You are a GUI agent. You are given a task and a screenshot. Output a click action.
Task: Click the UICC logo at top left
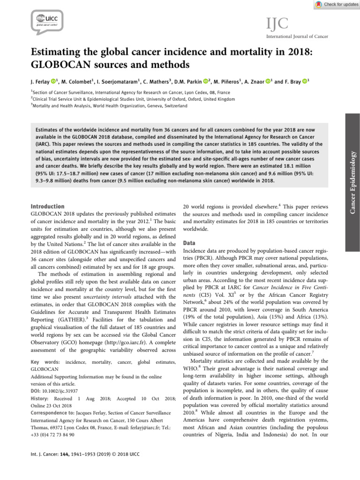[x=47, y=21]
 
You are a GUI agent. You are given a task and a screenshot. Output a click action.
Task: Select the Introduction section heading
[x=47, y=206]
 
